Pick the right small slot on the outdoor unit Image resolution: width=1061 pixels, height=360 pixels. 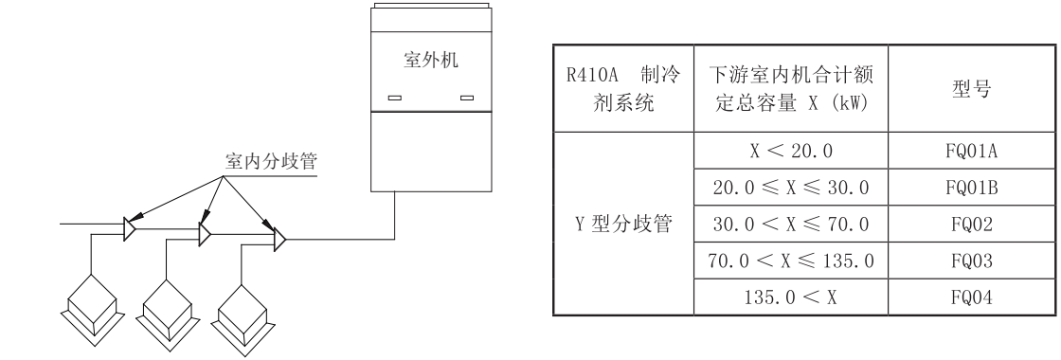[x=465, y=97]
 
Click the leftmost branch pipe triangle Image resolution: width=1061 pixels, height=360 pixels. [x=131, y=226]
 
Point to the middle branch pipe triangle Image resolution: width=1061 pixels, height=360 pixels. [x=205, y=233]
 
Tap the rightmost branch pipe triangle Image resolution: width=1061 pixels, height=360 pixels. [x=279, y=240]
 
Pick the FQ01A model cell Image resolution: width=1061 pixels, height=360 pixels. [x=959, y=151]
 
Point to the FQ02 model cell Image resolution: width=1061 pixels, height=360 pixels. [x=959, y=226]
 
